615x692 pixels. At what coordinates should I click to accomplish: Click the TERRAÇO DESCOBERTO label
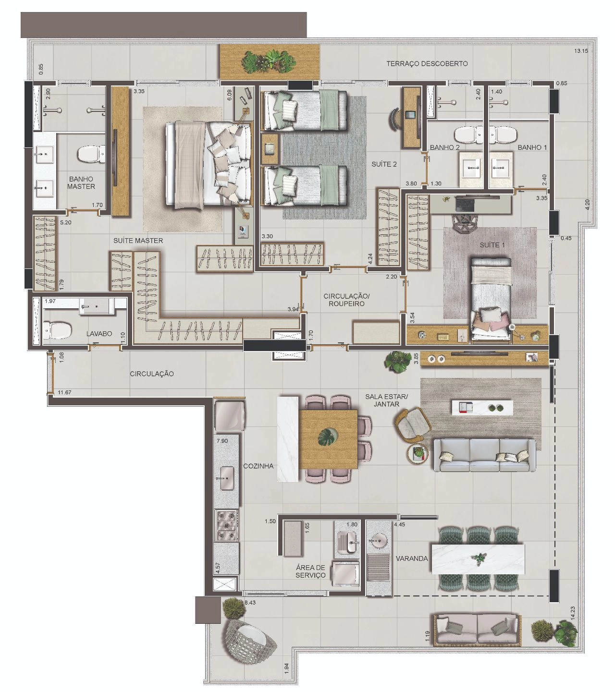pos(427,63)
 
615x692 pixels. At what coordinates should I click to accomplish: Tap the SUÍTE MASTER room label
pos(138,241)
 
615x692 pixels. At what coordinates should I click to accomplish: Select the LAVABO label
pos(99,334)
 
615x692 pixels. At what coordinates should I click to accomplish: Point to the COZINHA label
pos(258,466)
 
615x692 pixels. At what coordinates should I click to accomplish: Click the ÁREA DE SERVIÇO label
pos(310,571)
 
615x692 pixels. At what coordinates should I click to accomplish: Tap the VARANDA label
pos(412,558)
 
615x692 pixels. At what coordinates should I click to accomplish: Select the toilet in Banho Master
pos(91,154)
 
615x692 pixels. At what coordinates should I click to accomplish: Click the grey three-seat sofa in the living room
pos(484,455)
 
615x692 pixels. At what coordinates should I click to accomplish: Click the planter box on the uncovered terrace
pos(270,62)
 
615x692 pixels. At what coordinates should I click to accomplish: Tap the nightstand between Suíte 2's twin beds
pos(270,149)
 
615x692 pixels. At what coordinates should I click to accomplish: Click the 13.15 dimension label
pos(581,51)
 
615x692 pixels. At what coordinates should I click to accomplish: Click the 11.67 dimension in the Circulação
pos(64,392)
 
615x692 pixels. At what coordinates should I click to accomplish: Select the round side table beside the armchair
pos(417,454)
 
